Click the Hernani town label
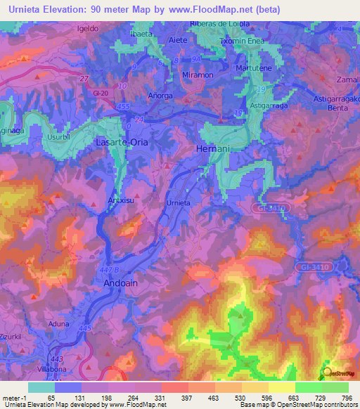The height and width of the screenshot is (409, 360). tap(212, 150)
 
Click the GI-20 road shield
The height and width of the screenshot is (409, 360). tap(99, 92)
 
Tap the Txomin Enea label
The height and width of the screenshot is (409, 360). tap(243, 41)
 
